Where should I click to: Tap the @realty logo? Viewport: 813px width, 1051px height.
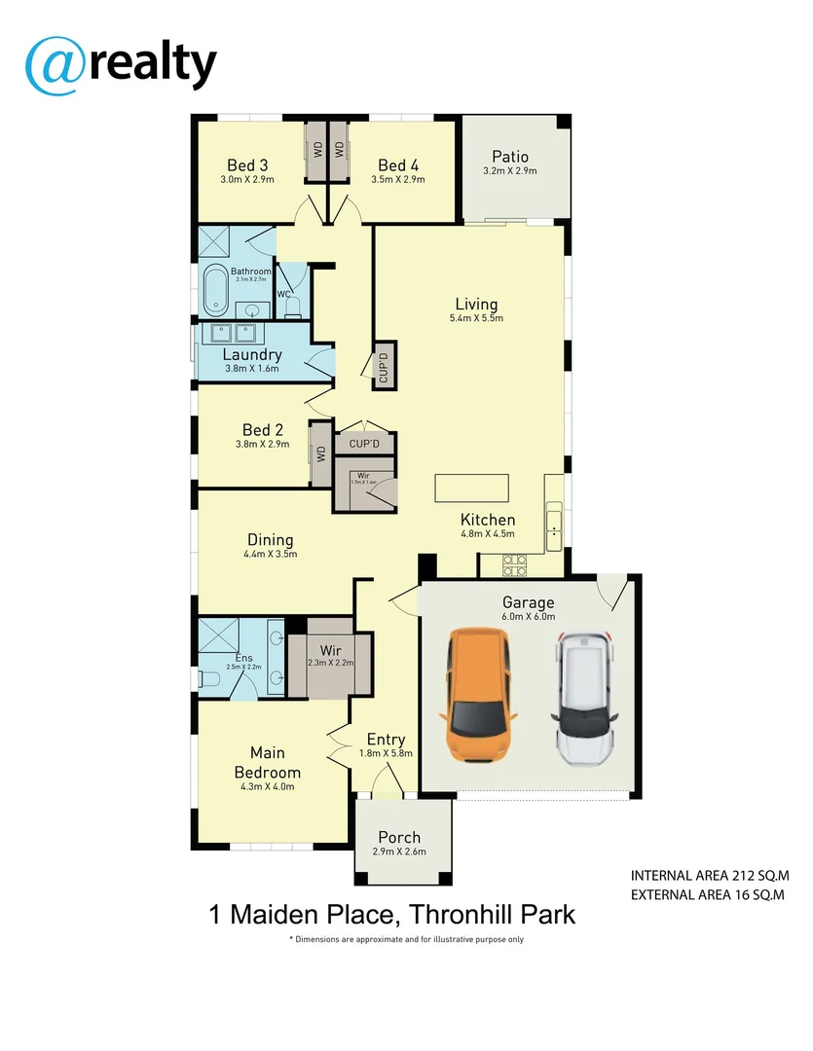(x=121, y=64)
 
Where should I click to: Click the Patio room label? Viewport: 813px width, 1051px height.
(x=509, y=156)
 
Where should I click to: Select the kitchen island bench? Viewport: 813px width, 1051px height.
(x=472, y=486)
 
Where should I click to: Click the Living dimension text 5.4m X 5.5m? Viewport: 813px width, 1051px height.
(x=476, y=318)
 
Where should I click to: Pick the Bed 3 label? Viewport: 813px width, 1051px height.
(x=247, y=164)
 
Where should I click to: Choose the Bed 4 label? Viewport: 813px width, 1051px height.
(x=397, y=164)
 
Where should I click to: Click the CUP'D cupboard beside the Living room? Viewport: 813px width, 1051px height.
(x=384, y=366)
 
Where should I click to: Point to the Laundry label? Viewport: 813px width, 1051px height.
(x=251, y=355)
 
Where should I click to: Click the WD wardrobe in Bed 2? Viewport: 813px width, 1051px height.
(x=319, y=453)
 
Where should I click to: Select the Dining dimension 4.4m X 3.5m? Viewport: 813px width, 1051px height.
(x=270, y=554)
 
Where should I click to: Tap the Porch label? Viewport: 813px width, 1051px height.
(x=399, y=837)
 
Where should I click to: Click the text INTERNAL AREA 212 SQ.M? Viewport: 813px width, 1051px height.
(x=708, y=876)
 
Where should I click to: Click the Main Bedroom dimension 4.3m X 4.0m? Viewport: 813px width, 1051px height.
(x=267, y=787)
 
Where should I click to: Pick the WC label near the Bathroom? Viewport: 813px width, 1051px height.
(x=283, y=294)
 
